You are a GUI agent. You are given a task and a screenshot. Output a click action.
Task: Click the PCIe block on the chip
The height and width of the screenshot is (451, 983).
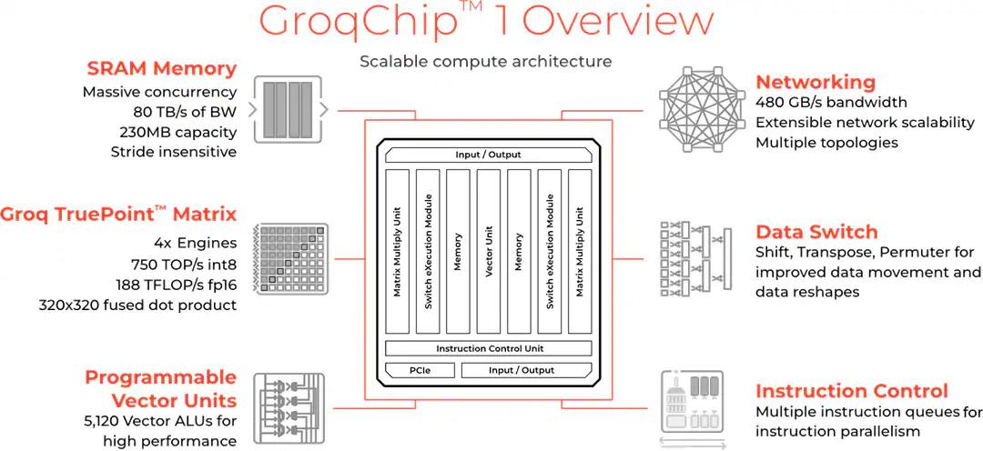point(420,370)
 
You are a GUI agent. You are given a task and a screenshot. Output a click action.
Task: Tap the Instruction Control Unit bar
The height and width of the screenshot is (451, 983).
point(488,348)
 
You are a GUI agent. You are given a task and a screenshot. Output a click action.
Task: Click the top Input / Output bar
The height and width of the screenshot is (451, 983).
point(488,155)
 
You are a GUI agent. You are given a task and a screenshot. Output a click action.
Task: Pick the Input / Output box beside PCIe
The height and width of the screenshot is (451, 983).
point(521,370)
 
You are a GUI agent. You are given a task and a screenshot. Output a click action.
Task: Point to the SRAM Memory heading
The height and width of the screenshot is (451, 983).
point(162,68)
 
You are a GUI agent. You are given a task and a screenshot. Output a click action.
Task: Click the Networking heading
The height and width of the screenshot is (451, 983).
point(816,82)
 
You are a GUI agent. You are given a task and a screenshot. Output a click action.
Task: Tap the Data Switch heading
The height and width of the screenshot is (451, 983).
point(816,231)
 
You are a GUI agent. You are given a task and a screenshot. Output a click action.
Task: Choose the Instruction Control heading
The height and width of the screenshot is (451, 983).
point(852,391)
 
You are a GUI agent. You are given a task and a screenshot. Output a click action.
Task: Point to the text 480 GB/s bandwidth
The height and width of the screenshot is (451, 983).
point(831,103)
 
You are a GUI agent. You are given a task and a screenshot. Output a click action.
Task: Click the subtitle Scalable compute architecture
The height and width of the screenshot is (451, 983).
point(485,61)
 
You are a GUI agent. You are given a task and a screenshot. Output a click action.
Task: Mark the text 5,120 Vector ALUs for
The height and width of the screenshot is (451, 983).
point(159,421)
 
